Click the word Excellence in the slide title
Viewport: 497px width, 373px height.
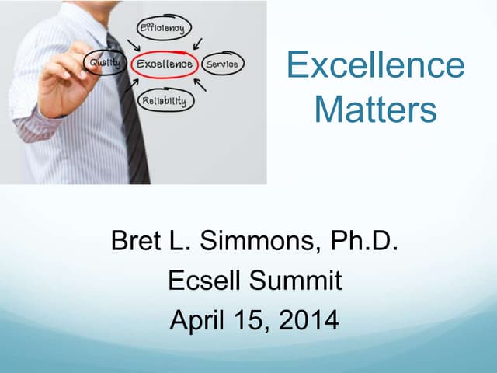(376, 66)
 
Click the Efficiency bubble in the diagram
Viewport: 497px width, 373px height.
(161, 30)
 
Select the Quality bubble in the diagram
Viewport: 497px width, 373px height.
(106, 62)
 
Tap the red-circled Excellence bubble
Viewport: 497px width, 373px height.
(165, 64)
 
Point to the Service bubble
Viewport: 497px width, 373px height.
(222, 64)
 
